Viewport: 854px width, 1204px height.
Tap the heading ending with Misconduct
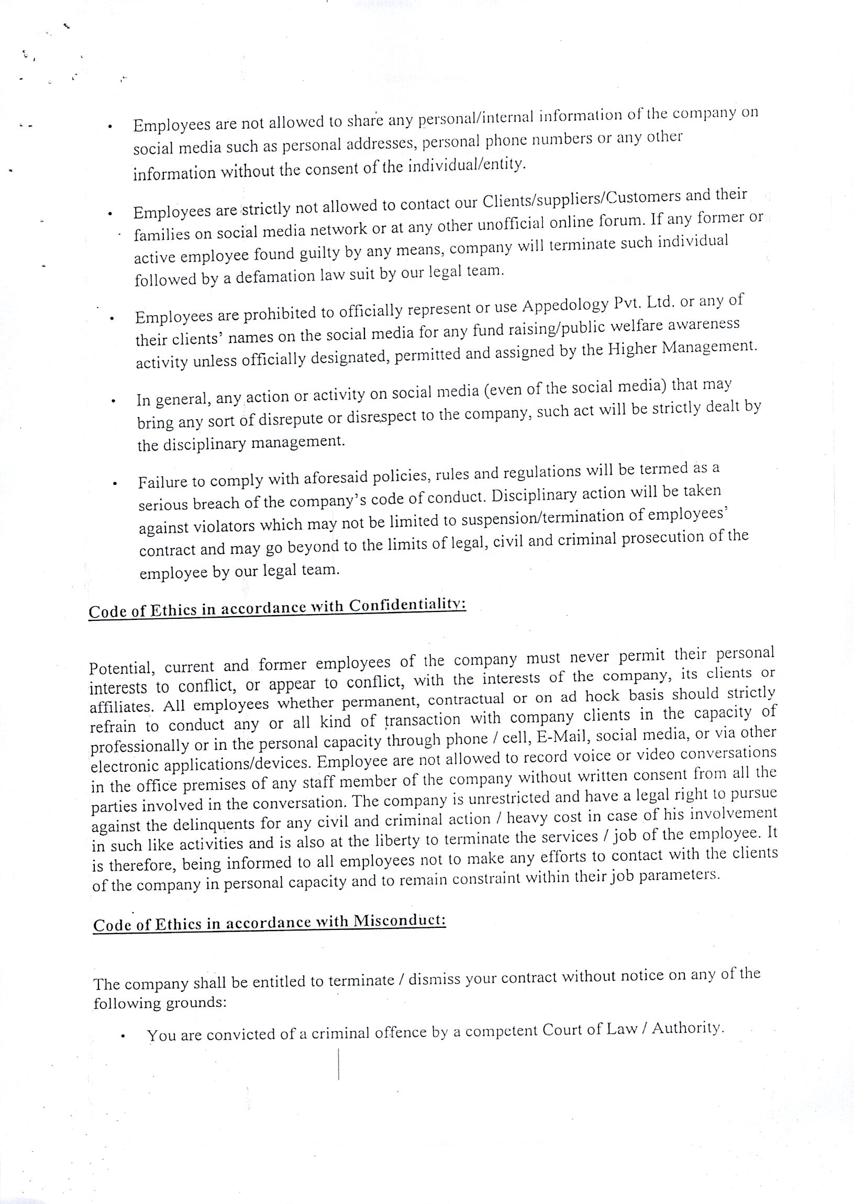[x=270, y=923]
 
